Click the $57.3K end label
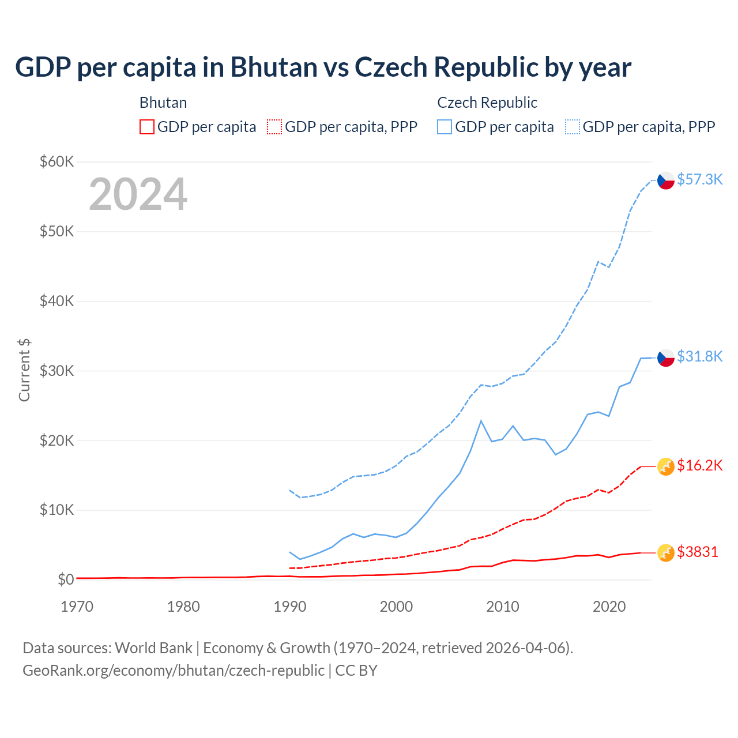click(699, 179)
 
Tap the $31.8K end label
click(699, 356)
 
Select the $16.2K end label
click(699, 465)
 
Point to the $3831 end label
click(697, 552)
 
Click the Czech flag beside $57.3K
click(666, 180)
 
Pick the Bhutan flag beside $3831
click(666, 552)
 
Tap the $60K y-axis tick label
click(57, 161)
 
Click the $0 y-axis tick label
click(66, 579)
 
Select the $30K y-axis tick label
click(57, 371)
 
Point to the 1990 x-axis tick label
click(290, 607)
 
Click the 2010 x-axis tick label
click(503, 607)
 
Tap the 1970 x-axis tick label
click(77, 607)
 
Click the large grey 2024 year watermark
click(138, 194)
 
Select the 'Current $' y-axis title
click(24, 370)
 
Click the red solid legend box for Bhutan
click(147, 127)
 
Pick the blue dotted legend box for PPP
click(573, 127)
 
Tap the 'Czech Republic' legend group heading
click(487, 103)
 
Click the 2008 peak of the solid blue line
click(481, 421)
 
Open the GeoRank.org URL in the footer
click(173, 671)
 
